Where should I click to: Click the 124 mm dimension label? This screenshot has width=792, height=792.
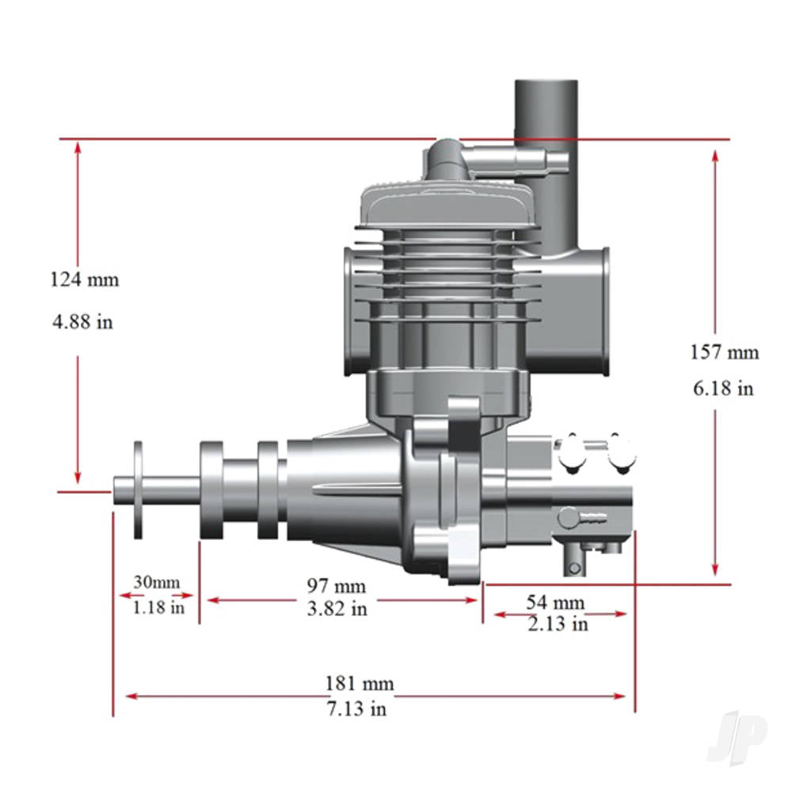click(x=84, y=280)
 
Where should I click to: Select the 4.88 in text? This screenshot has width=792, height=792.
click(x=82, y=322)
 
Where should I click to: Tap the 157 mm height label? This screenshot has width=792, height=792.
click(x=723, y=351)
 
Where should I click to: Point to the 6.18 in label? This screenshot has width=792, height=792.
click(x=724, y=388)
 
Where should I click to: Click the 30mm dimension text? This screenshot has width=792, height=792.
click(x=156, y=582)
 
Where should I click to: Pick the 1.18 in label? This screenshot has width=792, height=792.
click(x=158, y=607)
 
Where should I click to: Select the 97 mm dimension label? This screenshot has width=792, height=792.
click(x=337, y=586)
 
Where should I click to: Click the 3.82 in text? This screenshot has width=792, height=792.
click(x=337, y=608)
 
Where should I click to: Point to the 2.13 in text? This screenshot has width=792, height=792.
click(x=558, y=623)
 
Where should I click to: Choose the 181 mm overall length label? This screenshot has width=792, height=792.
click(x=359, y=683)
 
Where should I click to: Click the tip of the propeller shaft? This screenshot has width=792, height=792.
click(x=117, y=489)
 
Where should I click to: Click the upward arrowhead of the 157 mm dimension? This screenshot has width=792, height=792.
click(x=715, y=155)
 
